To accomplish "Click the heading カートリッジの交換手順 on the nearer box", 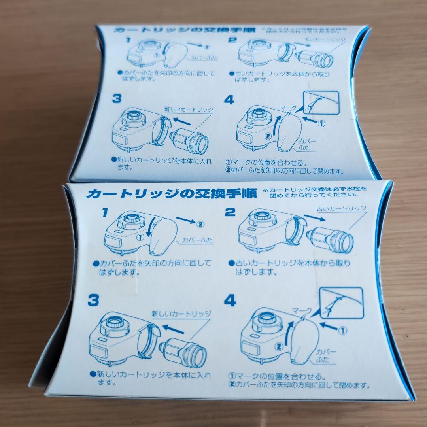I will pyautogui.click(x=172, y=193).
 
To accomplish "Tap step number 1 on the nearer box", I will pyautogui.click(x=105, y=213).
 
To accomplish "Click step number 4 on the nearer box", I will pyautogui.click(x=230, y=301).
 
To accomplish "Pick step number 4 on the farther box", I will pyautogui.click(x=229, y=100).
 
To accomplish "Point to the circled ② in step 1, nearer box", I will pyautogui.click(x=200, y=224).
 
